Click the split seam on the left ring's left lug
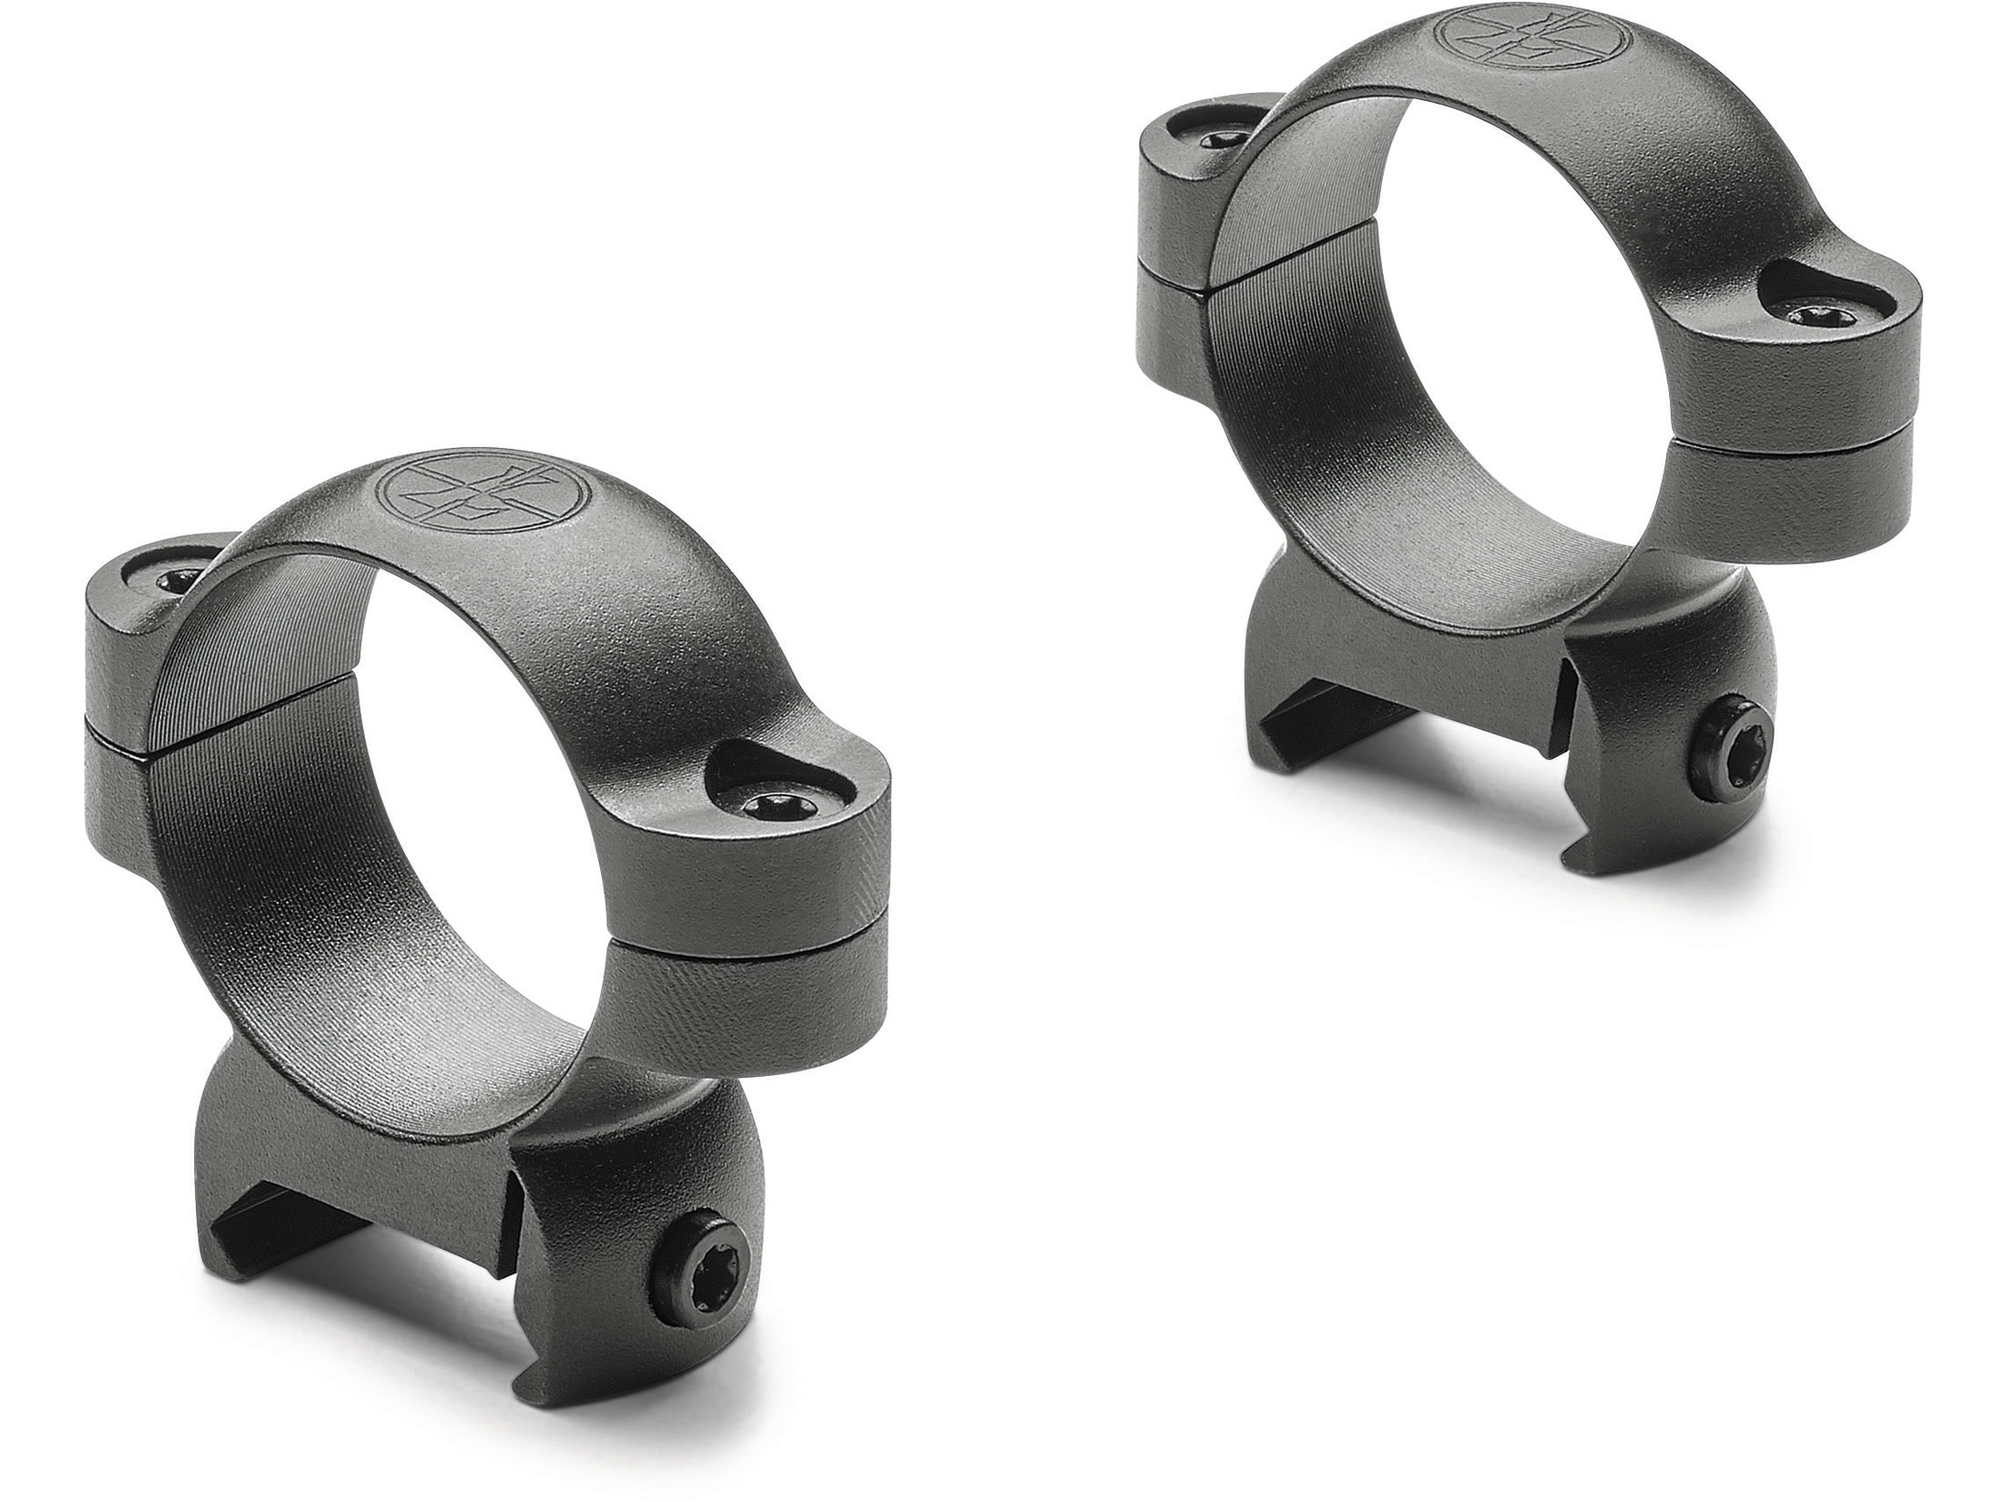118,719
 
